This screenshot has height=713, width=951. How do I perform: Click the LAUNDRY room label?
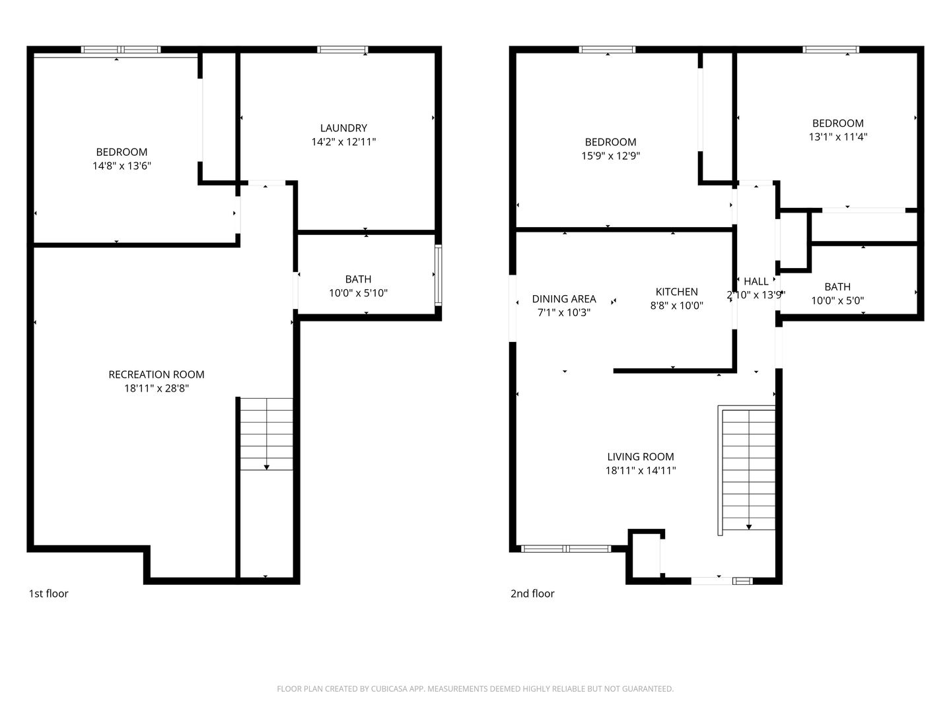[343, 128]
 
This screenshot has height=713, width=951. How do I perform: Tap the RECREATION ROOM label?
[157, 374]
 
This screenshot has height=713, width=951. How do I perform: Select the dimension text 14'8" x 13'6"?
[122, 166]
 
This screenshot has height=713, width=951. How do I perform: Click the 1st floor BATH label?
[358, 279]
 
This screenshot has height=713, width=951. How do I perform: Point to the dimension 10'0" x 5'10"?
[358, 293]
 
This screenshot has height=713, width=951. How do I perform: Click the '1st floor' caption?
[48, 594]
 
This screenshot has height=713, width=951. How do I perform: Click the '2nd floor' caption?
[532, 594]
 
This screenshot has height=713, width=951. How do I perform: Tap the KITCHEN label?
[676, 292]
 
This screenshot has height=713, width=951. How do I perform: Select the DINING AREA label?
[564, 299]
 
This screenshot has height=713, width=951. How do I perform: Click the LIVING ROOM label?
[641, 457]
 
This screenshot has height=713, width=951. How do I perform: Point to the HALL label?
[756, 281]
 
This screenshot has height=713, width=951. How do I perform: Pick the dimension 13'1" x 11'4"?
[837, 137]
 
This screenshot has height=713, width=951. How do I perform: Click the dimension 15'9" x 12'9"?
[610, 156]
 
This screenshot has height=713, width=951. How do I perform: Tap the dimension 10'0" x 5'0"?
[837, 300]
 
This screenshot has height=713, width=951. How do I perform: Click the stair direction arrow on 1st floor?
[267, 466]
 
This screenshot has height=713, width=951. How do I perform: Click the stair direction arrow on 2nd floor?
[749, 526]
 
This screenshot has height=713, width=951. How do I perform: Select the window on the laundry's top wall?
[342, 50]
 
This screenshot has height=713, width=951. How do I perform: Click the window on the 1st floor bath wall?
[439, 275]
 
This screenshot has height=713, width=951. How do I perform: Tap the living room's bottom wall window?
[566, 548]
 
